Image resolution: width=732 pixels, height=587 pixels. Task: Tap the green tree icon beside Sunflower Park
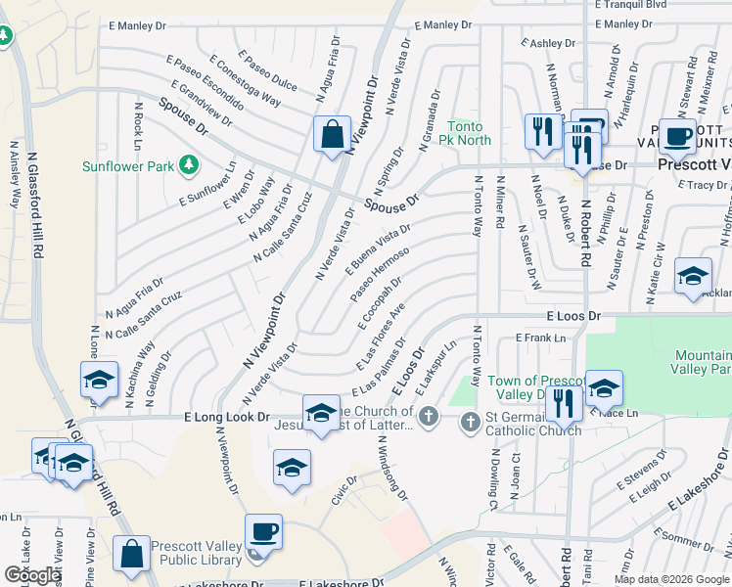pos(189,166)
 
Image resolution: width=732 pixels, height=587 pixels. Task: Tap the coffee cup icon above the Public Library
pos(263,532)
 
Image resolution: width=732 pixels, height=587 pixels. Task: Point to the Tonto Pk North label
pos(470,133)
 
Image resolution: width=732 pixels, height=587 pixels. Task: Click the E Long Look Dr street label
pos(227,417)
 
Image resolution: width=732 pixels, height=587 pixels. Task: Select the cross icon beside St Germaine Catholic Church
pos(470,421)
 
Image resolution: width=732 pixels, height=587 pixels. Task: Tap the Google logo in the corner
pos(32,575)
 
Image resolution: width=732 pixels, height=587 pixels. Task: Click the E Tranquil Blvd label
pos(630,5)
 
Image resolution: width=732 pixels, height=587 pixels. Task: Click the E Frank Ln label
pos(540,339)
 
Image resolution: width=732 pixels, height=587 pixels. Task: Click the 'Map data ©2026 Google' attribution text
pos(671,579)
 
